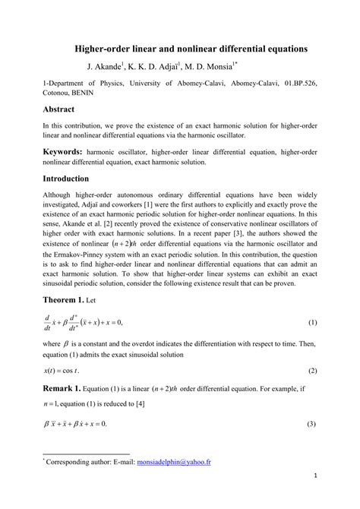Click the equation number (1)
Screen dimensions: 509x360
pos(311,302)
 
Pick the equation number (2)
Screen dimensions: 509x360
pos(311,349)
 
